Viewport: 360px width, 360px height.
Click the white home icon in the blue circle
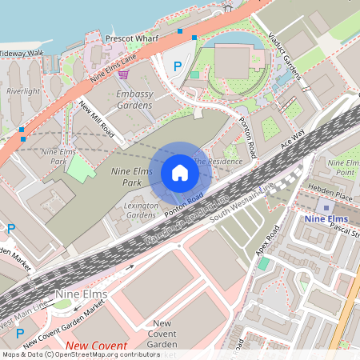[180, 173]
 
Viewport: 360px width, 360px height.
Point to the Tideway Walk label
[21, 53]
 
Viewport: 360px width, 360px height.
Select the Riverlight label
[22, 91]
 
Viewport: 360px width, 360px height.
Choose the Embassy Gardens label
[134, 99]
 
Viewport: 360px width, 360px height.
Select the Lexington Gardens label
[141, 210]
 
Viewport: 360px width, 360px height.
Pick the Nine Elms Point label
[345, 168]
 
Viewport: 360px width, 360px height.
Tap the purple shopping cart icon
[123, 74]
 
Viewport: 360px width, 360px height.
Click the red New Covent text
[96, 346]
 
